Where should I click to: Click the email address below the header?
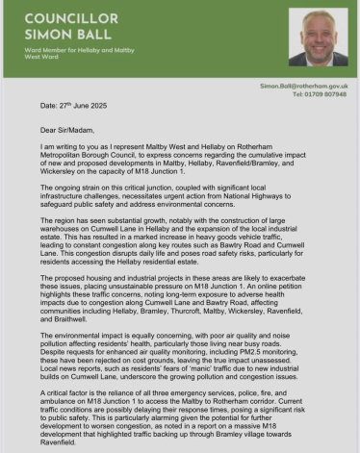click(x=304, y=86)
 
